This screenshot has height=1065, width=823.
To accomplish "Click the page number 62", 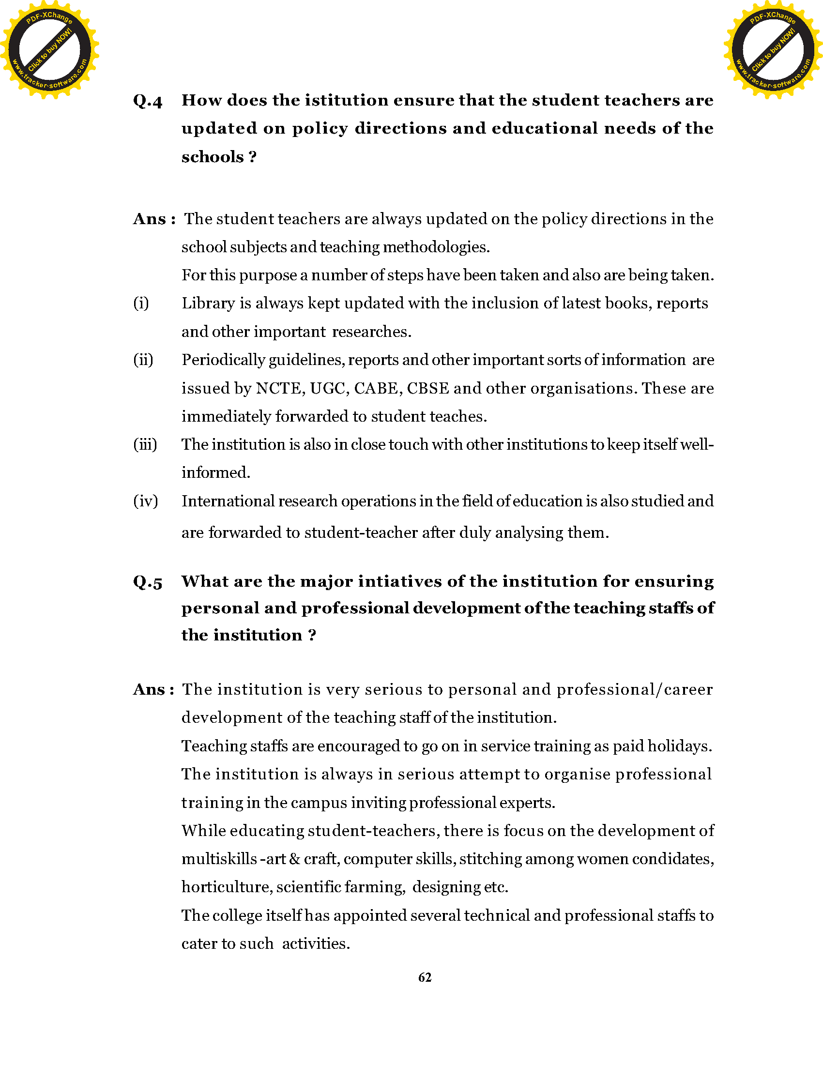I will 425,977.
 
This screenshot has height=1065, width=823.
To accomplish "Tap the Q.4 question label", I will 148,101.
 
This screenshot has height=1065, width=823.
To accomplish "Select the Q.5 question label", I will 148,582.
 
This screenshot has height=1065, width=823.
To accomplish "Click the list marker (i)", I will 141,304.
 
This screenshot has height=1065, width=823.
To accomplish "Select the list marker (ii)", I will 143,360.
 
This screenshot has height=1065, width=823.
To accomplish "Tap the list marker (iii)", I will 145,445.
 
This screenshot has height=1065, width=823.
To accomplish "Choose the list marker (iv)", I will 146,502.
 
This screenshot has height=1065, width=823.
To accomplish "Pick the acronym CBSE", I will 427,388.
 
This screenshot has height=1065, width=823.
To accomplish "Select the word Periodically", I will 223,360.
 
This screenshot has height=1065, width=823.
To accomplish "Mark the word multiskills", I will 219,859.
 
